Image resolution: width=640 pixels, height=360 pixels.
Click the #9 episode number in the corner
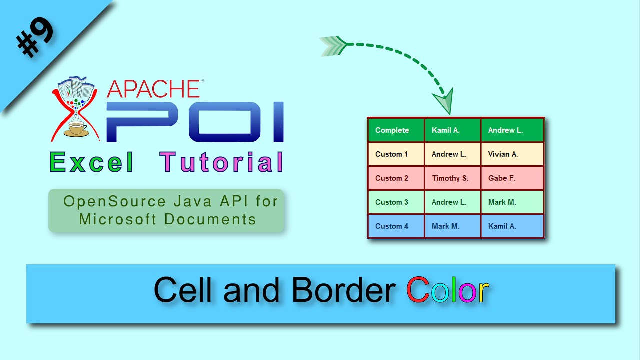tap(35, 37)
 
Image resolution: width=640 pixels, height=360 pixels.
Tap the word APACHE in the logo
tap(153, 89)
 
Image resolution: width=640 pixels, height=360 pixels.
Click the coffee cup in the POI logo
tap(76, 129)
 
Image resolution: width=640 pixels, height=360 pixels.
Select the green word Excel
tap(91, 162)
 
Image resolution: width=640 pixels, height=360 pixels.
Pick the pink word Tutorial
tap(221, 162)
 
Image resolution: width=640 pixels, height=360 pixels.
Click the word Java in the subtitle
tap(193, 201)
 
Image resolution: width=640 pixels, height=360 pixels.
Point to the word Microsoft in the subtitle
tap(117, 219)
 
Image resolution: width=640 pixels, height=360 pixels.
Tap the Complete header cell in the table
tap(396, 130)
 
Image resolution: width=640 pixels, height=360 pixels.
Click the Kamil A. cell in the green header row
tap(452, 130)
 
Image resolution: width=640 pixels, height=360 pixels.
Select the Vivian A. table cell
tap(512, 154)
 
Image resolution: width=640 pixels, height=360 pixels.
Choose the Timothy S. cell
tap(452, 178)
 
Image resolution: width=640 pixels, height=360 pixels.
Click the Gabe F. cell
tap(512, 178)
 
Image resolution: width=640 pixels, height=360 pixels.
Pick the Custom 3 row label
tap(391, 202)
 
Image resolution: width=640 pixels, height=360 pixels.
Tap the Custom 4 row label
tap(391, 226)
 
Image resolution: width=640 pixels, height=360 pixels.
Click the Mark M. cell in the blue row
tap(452, 226)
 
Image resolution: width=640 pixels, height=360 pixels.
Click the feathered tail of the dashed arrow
tap(333, 45)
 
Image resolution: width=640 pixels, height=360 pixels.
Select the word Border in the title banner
tap(344, 289)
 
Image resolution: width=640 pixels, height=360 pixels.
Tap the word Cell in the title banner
tap(183, 289)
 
